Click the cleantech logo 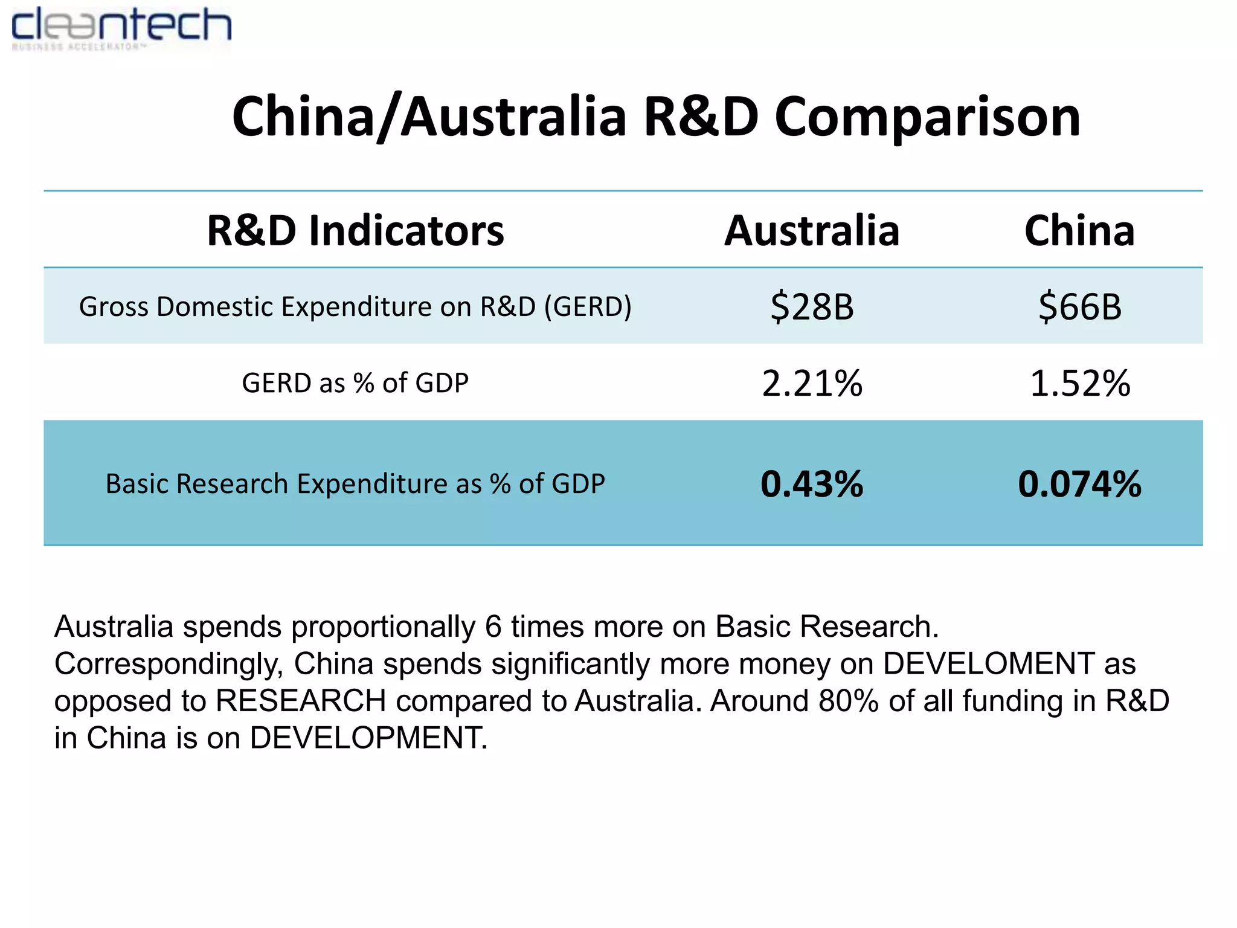(x=121, y=28)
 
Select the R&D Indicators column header (x=355, y=231)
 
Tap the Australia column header (x=812, y=231)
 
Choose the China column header (x=1079, y=231)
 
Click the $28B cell (x=812, y=306)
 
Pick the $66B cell (x=1080, y=306)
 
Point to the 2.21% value (x=812, y=383)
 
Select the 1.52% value (x=1080, y=383)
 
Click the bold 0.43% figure (x=812, y=484)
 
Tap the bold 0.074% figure (x=1080, y=484)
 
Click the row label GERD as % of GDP (x=355, y=383)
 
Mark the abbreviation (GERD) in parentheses (x=588, y=306)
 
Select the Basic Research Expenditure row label (x=355, y=484)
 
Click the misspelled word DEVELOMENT (x=988, y=663)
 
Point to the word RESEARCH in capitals (x=301, y=701)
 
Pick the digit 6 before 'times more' (x=493, y=627)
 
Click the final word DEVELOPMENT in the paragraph (x=368, y=738)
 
